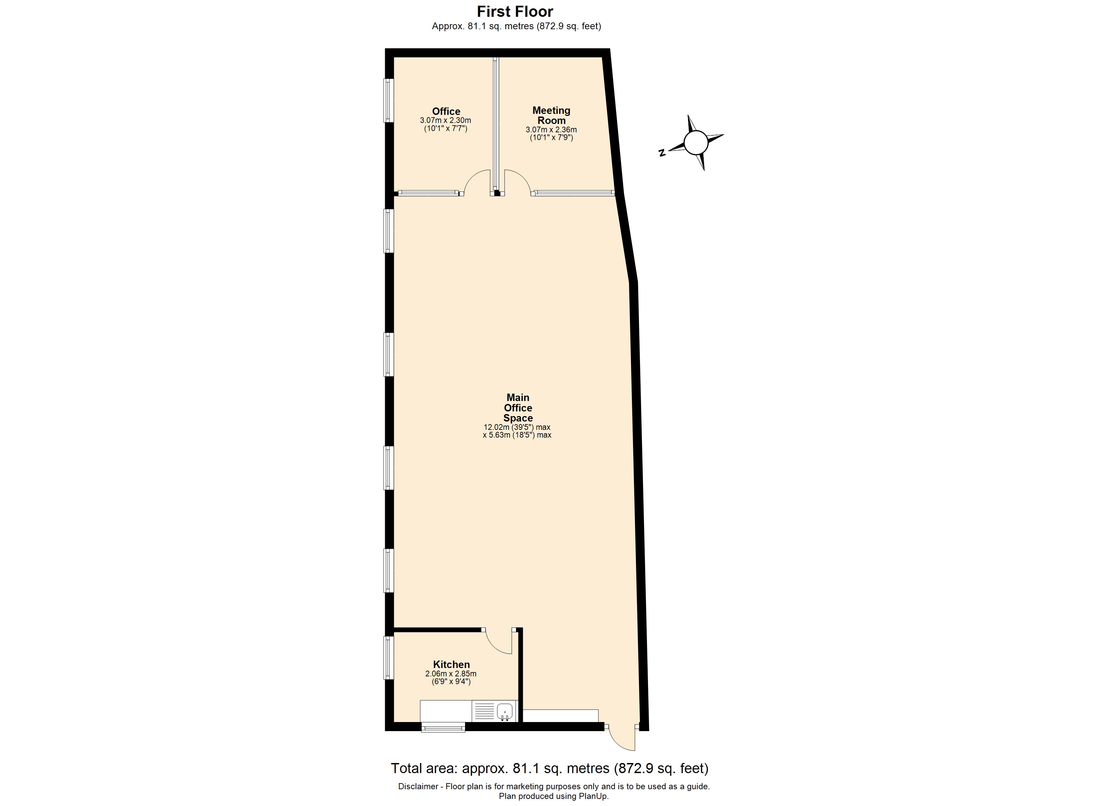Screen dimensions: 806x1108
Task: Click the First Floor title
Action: (515, 11)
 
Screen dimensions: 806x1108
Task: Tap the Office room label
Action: (446, 111)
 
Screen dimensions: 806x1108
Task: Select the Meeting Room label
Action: (551, 115)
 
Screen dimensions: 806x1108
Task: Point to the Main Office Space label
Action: (518, 408)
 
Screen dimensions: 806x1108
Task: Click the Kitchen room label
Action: (451, 664)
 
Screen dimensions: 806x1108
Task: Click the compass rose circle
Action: (696, 143)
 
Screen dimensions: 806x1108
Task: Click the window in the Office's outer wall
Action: (388, 100)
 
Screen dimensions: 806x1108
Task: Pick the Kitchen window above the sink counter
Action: (443, 728)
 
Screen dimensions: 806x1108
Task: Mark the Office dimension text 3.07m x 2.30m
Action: (446, 120)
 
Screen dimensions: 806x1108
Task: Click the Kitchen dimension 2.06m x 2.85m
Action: (451, 674)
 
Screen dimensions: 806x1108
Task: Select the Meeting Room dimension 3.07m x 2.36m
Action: (551, 130)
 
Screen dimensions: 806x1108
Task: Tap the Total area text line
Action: (550, 768)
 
